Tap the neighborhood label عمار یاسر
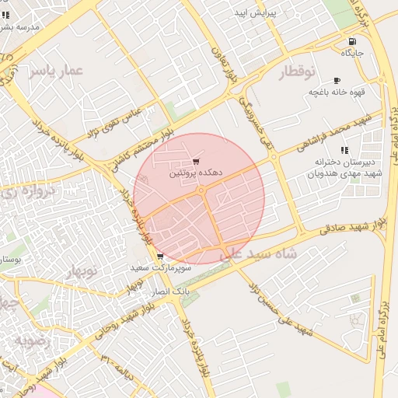click(55, 72)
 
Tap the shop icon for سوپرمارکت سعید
click(159, 257)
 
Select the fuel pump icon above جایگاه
click(353, 41)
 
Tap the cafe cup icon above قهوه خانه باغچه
click(337, 80)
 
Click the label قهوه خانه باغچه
click(337, 92)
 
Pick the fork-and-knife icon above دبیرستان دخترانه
click(344, 150)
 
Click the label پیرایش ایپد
click(256, 14)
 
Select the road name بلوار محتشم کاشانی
click(148, 139)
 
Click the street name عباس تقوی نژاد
click(114, 123)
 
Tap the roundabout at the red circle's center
click(201, 190)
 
